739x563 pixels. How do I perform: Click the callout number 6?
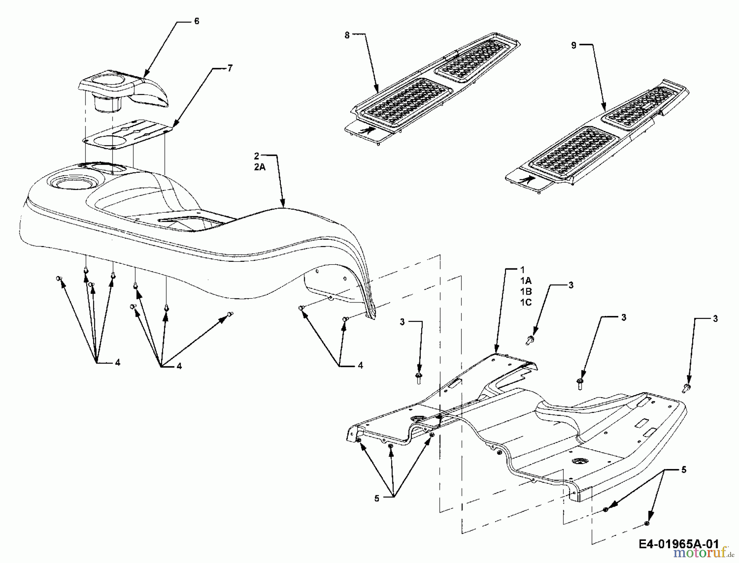(x=197, y=21)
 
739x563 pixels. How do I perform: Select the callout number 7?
(x=230, y=68)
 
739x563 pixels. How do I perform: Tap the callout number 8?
(x=347, y=36)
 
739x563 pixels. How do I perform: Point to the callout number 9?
(x=574, y=46)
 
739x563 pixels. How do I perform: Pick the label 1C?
(x=526, y=302)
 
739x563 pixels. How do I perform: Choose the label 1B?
(x=526, y=291)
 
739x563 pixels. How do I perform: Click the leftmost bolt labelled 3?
(x=419, y=378)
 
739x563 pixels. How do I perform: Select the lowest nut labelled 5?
(x=647, y=523)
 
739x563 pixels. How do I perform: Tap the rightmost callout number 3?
(x=715, y=319)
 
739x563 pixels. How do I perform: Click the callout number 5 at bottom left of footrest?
(x=377, y=499)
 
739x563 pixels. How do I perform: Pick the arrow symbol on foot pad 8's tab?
(x=367, y=130)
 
